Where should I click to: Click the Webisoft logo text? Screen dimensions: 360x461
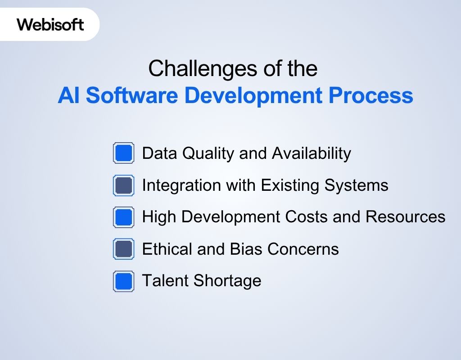pyautogui.click(x=50, y=24)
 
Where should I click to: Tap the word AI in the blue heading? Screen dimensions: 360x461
pyautogui.click(x=68, y=96)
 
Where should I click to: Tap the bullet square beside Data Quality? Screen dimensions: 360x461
pyautogui.click(x=123, y=153)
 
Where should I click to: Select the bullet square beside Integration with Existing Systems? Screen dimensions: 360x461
pyautogui.click(x=123, y=185)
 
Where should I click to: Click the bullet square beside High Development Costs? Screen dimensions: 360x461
pyautogui.click(x=123, y=217)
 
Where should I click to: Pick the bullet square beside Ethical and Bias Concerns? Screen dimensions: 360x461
pyautogui.click(x=123, y=249)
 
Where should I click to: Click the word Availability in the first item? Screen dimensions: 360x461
pyautogui.click(x=311, y=153)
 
